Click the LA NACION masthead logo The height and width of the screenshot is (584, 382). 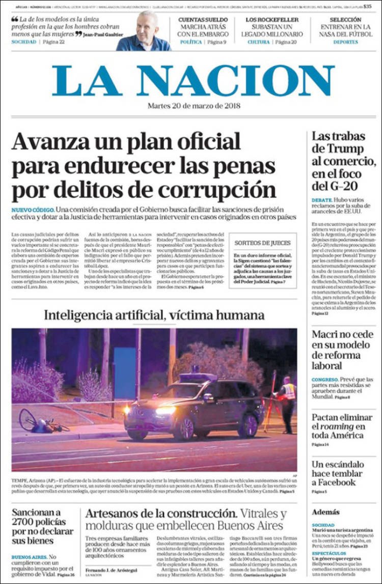click(193, 81)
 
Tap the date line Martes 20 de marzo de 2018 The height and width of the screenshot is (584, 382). click(194, 106)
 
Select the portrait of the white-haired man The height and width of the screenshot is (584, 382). click(143, 32)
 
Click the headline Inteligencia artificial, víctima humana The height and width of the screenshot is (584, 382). click(154, 315)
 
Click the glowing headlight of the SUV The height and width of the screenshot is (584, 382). click(165, 410)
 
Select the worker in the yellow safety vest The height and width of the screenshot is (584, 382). click(288, 399)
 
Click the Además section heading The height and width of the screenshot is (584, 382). click(325, 512)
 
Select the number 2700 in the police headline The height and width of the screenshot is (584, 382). click(26, 522)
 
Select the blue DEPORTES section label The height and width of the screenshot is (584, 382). click(345, 42)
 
